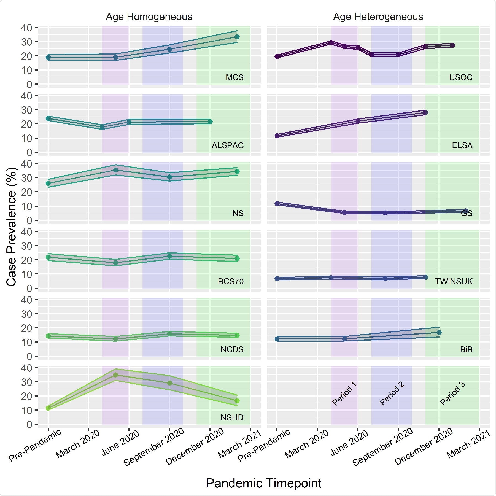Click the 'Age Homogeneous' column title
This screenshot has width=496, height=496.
tap(149, 17)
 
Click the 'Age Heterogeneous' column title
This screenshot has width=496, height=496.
tap(378, 17)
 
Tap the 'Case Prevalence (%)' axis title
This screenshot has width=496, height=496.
tap(12, 227)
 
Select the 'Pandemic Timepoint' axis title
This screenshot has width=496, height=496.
tap(264, 483)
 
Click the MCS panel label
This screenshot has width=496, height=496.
tap(234, 77)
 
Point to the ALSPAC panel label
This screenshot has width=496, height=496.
tap(228, 145)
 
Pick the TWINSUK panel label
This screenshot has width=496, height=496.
tap(454, 281)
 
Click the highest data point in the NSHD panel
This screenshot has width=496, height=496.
tap(115, 375)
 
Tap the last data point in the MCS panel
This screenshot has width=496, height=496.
tap(237, 37)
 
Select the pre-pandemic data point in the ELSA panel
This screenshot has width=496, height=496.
tap(277, 136)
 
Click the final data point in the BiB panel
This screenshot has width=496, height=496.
tap(439, 332)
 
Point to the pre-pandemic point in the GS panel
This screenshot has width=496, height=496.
tap(277, 204)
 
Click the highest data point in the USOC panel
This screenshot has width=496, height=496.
tap(331, 42)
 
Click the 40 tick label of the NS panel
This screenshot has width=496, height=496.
tap(26, 164)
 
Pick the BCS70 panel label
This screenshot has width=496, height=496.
tap(231, 281)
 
